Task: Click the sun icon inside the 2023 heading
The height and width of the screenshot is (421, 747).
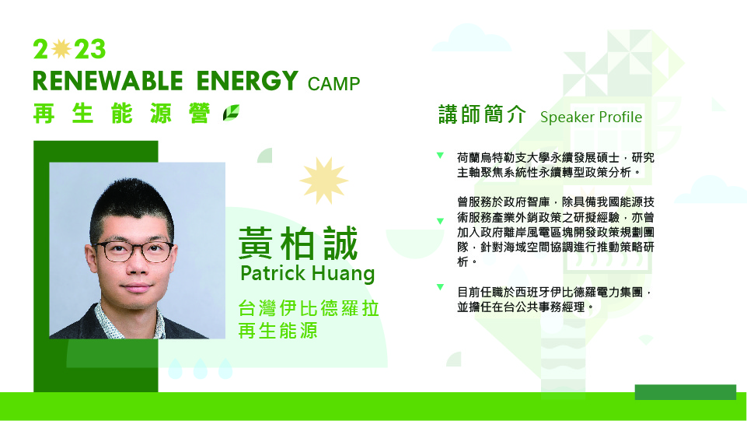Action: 61,48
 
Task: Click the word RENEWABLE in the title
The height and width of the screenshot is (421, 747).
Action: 108,81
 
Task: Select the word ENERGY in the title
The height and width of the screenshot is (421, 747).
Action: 247,81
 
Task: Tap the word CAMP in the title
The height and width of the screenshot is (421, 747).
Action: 333,84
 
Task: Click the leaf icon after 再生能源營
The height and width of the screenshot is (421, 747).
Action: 231,113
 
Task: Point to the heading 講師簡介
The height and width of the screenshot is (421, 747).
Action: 482,115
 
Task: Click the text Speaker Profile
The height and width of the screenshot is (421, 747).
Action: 591,118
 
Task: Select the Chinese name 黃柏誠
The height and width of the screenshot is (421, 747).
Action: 298,244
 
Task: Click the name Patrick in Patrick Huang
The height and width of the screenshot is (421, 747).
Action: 273,273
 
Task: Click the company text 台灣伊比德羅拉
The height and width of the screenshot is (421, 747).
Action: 309,308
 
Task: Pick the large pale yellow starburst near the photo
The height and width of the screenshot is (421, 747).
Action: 324,181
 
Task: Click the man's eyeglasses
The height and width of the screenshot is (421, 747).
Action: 134,251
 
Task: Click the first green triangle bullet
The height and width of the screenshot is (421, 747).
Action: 440,155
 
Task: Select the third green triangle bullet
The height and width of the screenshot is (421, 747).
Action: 440,287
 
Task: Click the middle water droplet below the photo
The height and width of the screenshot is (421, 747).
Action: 200,369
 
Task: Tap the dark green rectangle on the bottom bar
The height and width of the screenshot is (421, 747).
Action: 685,392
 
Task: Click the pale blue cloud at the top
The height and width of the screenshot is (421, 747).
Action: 471,39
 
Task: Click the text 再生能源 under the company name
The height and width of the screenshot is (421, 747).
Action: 278,331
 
